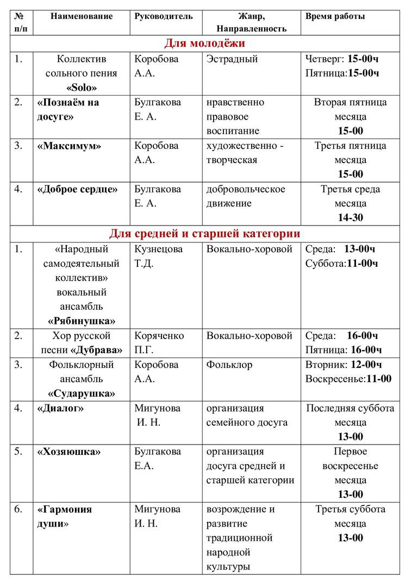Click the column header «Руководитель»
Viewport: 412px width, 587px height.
point(164,16)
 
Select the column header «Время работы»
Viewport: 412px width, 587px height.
point(335,16)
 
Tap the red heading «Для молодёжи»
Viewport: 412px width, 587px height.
point(205,43)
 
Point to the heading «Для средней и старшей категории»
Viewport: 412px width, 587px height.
point(205,234)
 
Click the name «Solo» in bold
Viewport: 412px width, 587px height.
point(82,88)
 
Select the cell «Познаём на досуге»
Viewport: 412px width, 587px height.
point(68,109)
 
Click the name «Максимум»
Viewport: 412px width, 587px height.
point(69,146)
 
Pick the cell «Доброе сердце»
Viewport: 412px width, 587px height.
point(77,189)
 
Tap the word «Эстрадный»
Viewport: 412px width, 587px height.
point(232,59)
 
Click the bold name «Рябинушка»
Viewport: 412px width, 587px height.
point(82,320)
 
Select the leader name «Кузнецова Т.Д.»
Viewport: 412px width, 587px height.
point(159,256)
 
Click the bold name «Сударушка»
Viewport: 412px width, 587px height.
point(82,393)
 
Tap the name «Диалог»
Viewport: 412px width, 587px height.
point(60,408)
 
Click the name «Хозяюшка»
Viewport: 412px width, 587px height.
point(69,452)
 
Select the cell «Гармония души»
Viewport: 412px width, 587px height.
point(64,517)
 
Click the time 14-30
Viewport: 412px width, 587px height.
point(350,217)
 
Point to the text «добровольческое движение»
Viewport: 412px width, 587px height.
point(246,196)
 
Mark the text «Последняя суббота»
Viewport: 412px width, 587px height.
point(350,408)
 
